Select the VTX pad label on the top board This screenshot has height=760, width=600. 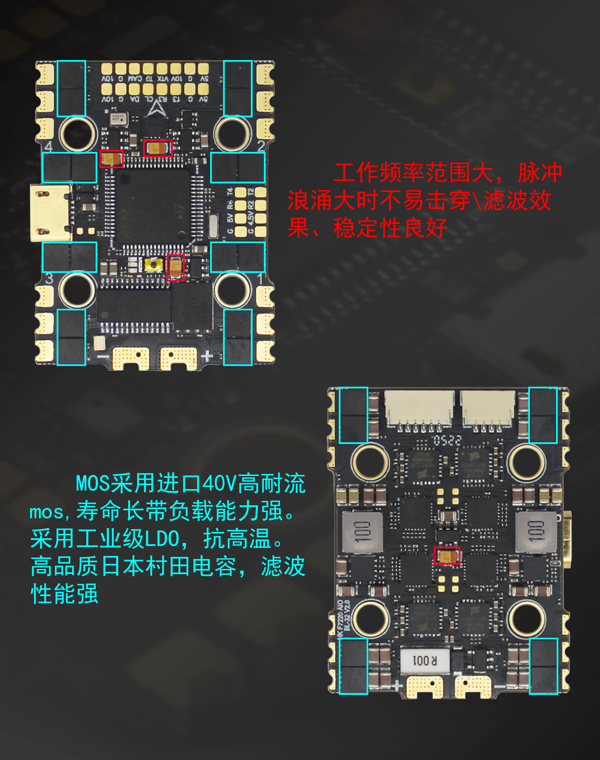[163, 79]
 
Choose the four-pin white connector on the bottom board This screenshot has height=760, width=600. [488, 409]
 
